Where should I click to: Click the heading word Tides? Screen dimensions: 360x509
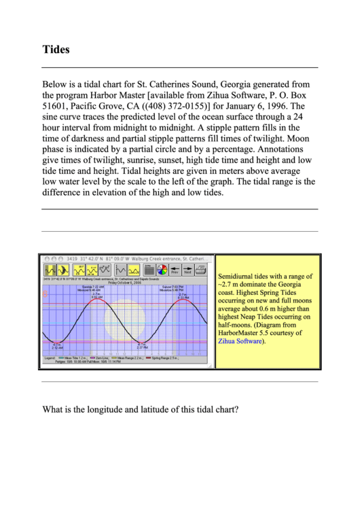(56, 50)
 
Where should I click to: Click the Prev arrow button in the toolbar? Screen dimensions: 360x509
(174, 269)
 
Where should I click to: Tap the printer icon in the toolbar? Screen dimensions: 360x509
(201, 269)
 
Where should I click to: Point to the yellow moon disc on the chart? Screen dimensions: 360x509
(124, 320)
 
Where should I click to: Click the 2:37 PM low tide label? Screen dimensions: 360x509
(141, 347)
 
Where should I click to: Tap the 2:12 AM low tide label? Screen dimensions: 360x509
(57, 347)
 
